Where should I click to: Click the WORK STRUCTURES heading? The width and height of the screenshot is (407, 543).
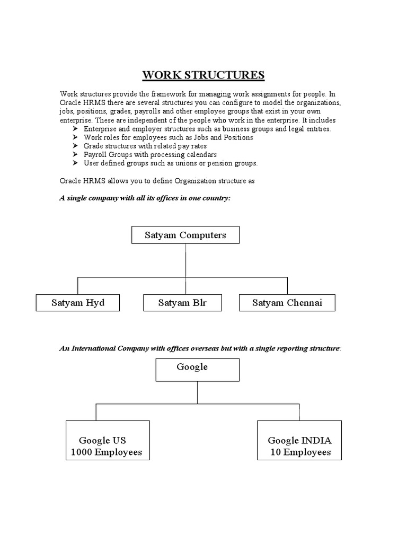203,75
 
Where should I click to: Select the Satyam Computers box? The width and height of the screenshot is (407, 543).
185,235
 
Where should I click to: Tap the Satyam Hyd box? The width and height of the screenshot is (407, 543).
78,303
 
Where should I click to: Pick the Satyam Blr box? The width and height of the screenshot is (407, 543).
182,303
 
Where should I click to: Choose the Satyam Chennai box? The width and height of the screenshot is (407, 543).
287,303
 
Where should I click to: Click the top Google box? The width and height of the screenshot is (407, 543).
198,370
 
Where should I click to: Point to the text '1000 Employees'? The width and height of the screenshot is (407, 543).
107,452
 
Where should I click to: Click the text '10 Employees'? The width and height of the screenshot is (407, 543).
300,452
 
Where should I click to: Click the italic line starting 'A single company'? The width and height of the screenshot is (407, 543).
145,197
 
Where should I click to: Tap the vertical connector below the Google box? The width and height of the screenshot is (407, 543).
198,392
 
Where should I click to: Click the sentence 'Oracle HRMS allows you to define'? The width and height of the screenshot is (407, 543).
157,180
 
